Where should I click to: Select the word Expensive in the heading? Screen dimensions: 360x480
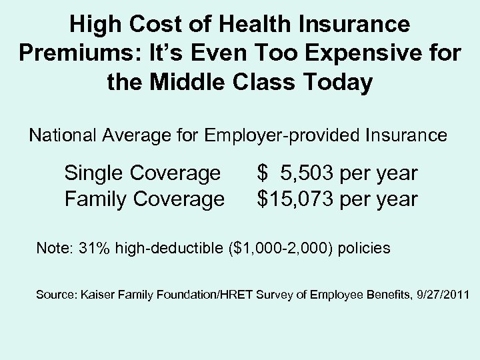click(x=353, y=55)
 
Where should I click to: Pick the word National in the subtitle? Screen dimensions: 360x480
click(x=61, y=135)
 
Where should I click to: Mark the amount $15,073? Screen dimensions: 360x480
click(x=295, y=198)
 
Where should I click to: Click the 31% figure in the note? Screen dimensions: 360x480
click(x=95, y=249)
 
